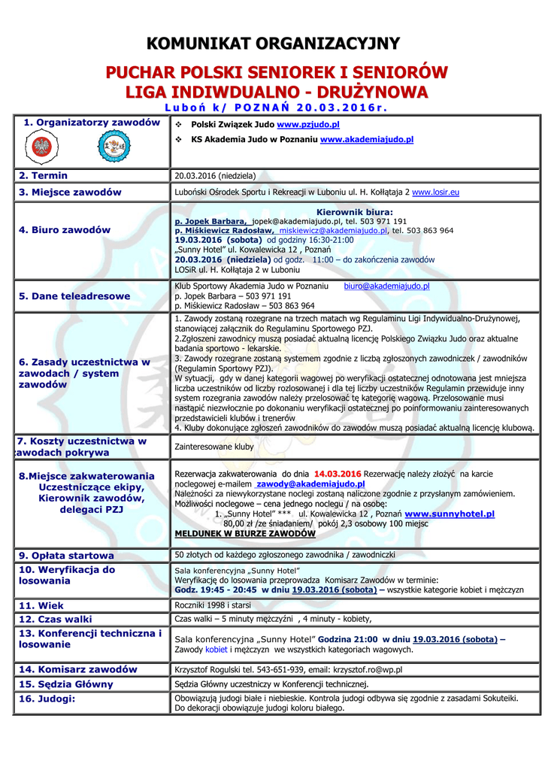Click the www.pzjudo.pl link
click(308, 125)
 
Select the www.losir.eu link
click(435, 192)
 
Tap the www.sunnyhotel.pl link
click(449, 514)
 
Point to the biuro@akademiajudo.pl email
click(386, 286)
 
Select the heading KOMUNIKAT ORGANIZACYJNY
click(273, 44)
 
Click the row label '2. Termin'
click(44, 175)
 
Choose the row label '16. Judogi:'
click(47, 699)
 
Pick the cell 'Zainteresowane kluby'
click(213, 447)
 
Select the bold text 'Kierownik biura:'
click(353, 212)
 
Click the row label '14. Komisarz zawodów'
click(78, 668)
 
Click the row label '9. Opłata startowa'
click(66, 555)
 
